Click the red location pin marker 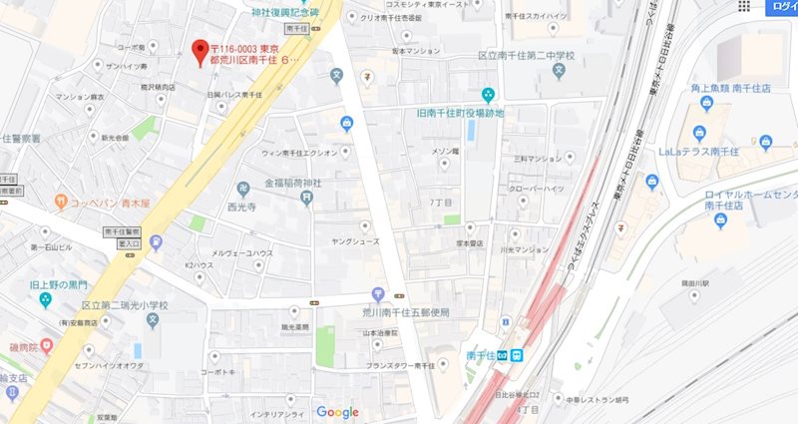[x=199, y=50]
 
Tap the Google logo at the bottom [x=336, y=412]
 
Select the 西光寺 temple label [x=242, y=208]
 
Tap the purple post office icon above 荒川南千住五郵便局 [x=378, y=294]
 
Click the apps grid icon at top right [x=743, y=7]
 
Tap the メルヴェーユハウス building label [x=238, y=252]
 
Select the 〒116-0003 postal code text [x=242, y=48]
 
